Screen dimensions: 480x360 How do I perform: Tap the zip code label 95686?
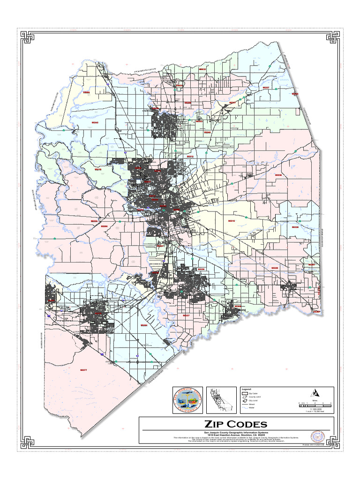[86, 93]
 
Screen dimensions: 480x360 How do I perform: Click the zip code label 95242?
[95, 122]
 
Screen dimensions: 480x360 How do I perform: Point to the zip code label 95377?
[83, 370]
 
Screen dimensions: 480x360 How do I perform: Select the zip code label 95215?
[231, 220]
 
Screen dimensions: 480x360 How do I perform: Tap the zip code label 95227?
[266, 88]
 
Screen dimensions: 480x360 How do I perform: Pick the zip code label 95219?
[98, 169]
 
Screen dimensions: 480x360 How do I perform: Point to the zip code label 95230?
[295, 227]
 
